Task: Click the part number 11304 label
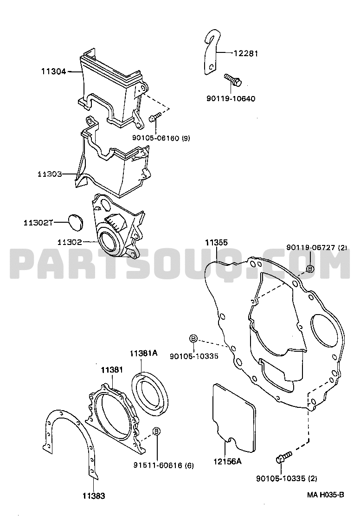[x=53, y=71]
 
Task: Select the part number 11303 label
[x=50, y=174]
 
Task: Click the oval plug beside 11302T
[x=76, y=223]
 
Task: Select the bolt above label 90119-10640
[x=233, y=79]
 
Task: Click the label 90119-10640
[x=231, y=99]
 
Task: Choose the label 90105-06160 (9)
[x=161, y=138]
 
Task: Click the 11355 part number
[x=217, y=243]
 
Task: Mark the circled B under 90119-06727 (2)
[x=310, y=268]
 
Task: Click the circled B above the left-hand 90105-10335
[x=193, y=339]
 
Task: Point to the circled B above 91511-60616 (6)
[x=156, y=431]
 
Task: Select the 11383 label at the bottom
[x=94, y=496]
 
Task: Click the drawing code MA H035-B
[x=325, y=495]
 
